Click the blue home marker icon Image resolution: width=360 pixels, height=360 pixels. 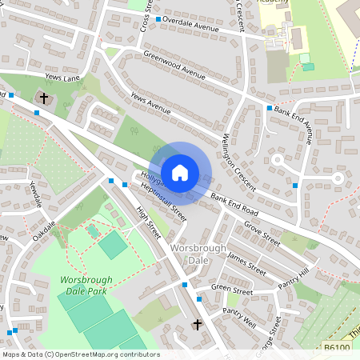click(x=180, y=172)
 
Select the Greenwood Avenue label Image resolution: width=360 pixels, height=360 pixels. click(x=174, y=66)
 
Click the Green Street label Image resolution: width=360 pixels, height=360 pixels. click(x=232, y=290)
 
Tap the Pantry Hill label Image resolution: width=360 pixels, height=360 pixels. click(x=293, y=283)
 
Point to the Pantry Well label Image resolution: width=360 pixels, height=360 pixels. click(x=239, y=318)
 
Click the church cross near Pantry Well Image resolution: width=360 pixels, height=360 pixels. click(x=197, y=325)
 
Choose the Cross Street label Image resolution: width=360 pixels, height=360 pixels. click(x=145, y=16)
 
